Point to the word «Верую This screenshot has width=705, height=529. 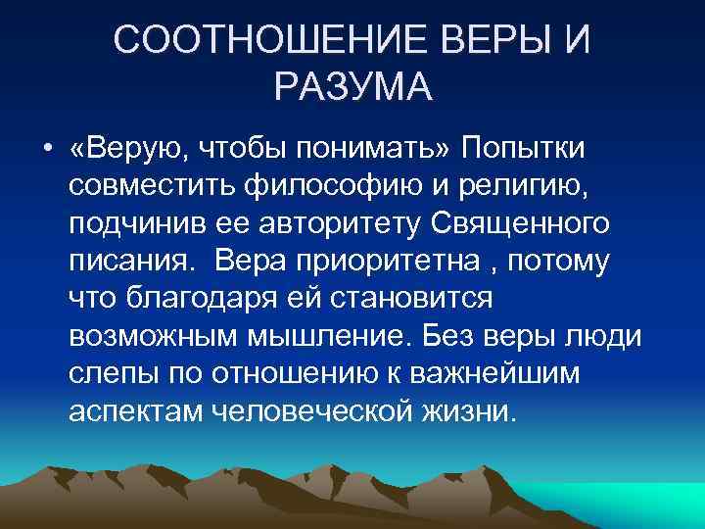(126, 149)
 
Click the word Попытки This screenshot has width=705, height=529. (524, 149)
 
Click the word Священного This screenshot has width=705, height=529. (523, 224)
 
